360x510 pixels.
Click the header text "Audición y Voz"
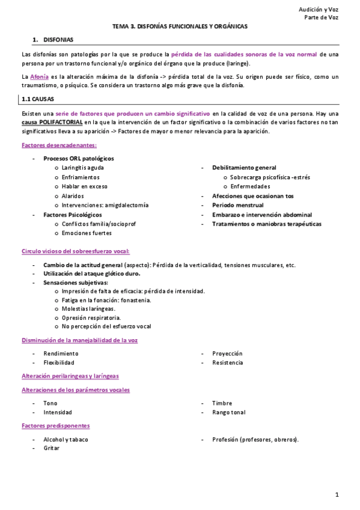318,9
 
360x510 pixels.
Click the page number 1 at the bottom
338,494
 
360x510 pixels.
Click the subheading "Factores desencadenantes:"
59,145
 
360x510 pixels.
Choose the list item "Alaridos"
73,195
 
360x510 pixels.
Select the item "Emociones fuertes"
87,233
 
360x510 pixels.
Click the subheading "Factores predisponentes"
55,426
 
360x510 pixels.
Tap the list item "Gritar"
51,448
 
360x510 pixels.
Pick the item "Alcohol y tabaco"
66,439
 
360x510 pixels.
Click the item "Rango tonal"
228,412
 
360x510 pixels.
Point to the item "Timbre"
222,403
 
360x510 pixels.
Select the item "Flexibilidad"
59,363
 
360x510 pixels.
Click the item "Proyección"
227,354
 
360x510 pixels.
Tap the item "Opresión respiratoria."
91,318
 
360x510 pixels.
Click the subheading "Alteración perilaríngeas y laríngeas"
70,376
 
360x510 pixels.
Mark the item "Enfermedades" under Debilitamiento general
250,186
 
